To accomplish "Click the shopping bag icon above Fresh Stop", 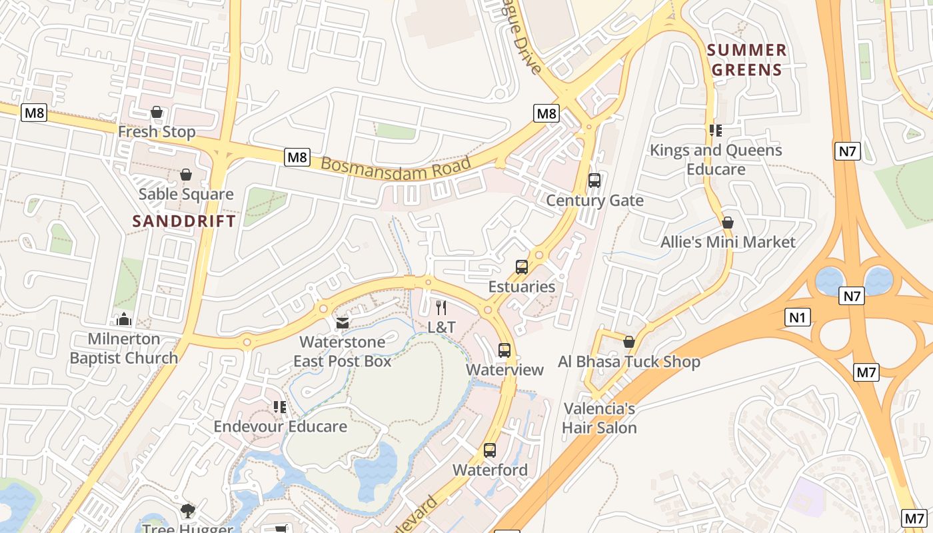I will (157, 112).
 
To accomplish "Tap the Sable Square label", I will (186, 195).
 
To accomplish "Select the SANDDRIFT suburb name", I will (184, 221).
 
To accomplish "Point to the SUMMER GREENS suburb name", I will (746, 60).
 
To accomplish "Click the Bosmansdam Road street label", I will (396, 163).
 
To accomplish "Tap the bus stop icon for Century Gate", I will (594, 181).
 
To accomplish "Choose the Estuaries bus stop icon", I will (522, 267).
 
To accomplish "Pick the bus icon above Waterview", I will (504, 350).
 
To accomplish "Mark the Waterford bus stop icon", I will (490, 450).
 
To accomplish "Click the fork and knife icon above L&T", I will (441, 307).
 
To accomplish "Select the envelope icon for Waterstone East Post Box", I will (343, 323).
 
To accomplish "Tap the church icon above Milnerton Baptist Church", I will (124, 320).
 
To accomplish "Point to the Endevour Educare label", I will (280, 426).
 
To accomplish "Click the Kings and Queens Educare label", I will (716, 160).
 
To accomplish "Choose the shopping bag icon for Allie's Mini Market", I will (728, 223).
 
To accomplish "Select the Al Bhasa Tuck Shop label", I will (629, 362).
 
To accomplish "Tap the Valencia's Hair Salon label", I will (599, 418).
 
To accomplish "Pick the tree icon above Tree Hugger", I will (188, 511).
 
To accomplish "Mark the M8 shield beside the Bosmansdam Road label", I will (297, 157).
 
